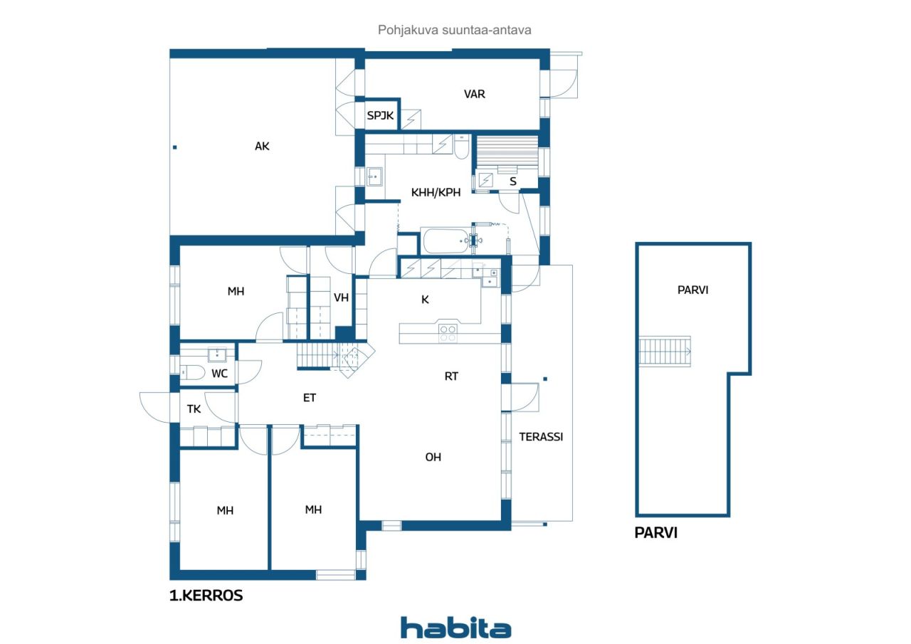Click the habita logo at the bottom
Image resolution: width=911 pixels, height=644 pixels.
point(456,628)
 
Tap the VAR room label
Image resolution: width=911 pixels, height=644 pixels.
point(474,95)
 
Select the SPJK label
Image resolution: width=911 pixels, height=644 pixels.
point(380,116)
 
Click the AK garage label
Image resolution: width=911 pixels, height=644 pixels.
point(262,147)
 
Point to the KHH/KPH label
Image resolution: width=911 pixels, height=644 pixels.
point(436,192)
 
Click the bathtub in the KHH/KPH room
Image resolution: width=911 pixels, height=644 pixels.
point(446,241)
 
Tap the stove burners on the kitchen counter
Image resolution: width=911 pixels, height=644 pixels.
point(448,333)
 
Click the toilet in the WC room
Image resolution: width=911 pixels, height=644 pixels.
point(192,372)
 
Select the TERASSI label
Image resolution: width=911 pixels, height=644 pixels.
point(541,437)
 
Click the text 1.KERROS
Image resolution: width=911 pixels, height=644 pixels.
point(206,595)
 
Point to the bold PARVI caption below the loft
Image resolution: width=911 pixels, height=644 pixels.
point(655,532)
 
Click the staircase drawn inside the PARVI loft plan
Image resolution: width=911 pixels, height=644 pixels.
point(665,352)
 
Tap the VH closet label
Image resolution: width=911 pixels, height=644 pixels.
point(341,297)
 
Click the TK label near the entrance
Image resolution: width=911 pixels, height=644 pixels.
point(194,409)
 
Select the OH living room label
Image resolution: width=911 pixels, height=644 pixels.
point(433,457)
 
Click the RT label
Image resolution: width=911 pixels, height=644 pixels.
point(451,376)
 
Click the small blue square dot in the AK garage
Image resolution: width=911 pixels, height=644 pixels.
point(175,147)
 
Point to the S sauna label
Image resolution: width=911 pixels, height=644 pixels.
point(513,181)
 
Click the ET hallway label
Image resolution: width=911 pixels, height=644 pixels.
point(309,398)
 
